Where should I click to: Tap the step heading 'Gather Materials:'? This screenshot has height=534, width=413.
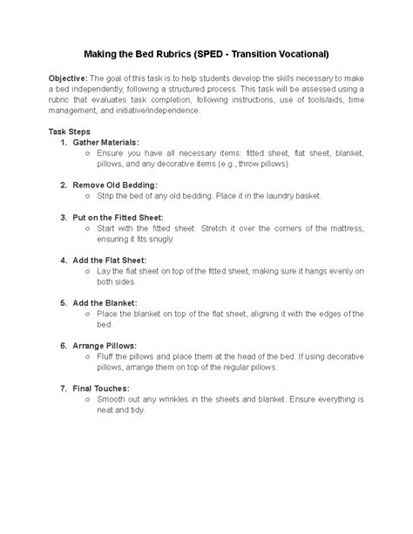pyautogui.click(x=107, y=141)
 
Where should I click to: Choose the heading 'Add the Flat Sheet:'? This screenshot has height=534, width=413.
pyautogui.click(x=109, y=259)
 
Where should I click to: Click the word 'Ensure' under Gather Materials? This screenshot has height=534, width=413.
pyautogui.click(x=112, y=152)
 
